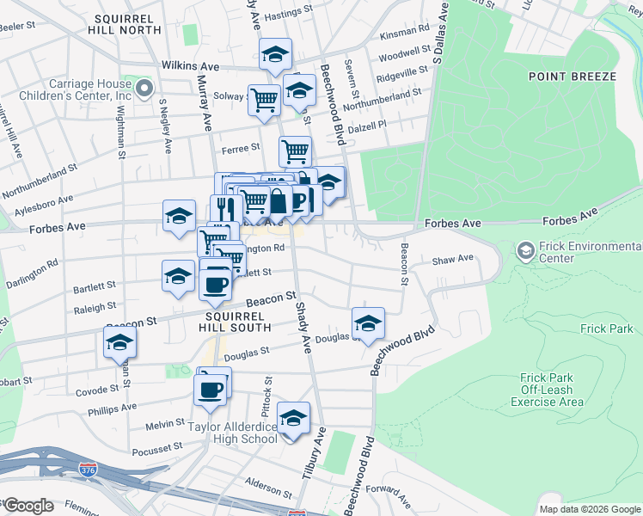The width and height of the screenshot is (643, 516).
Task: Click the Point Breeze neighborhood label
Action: point(573,77)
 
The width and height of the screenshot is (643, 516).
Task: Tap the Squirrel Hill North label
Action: point(125,23)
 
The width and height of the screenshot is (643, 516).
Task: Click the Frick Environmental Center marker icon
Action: point(524,251)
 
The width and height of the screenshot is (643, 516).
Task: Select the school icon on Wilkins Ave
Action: point(275,55)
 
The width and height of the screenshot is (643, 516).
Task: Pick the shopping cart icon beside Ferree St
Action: point(295,151)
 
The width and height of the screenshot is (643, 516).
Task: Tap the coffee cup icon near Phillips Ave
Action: point(211,389)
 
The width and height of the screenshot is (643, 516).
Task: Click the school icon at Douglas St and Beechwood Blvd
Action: point(368,323)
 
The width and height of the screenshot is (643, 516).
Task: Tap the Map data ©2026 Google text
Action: point(590,509)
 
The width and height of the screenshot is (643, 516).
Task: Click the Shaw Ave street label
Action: point(453,259)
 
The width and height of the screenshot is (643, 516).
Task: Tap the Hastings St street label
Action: point(287,15)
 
